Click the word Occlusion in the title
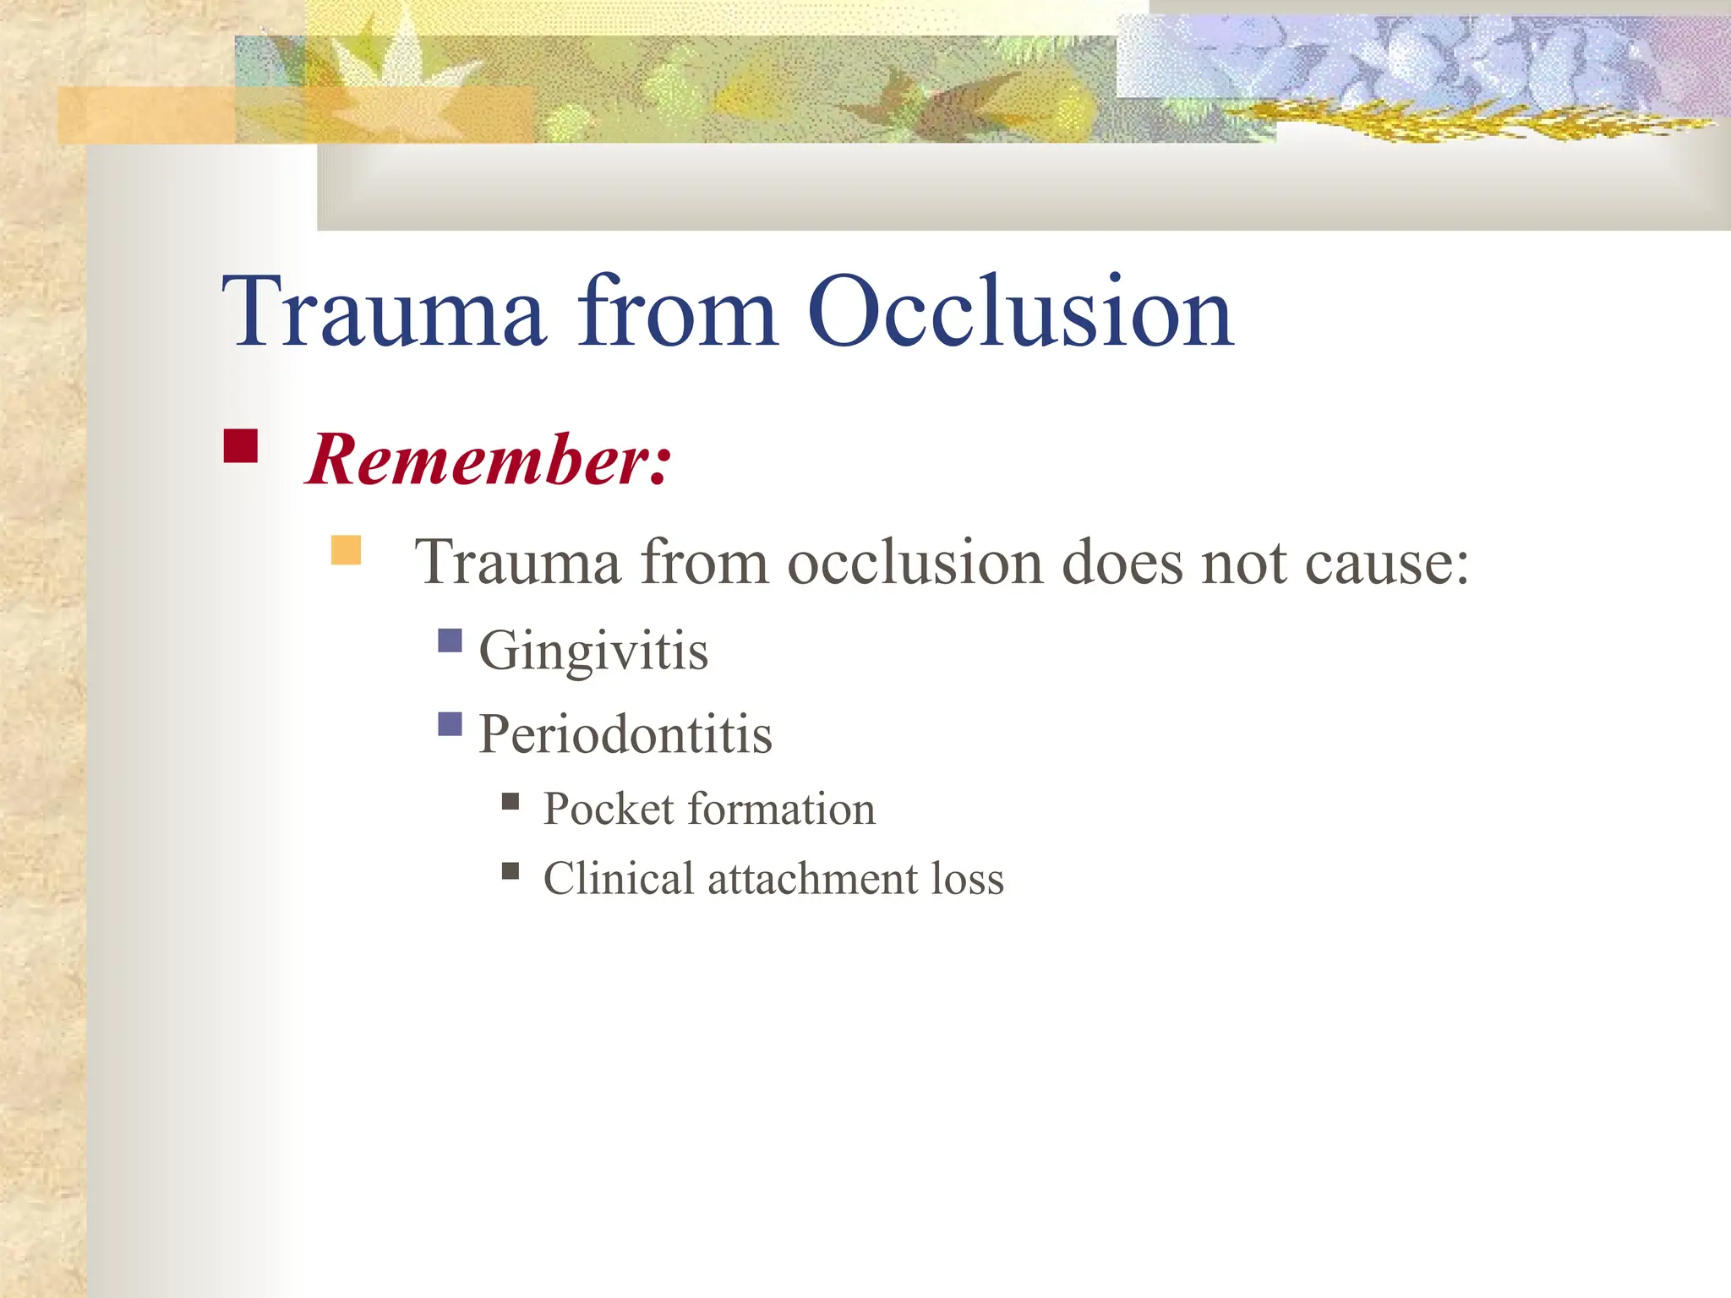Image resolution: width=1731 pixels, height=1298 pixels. [1020, 311]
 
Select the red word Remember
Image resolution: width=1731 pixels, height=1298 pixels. [489, 460]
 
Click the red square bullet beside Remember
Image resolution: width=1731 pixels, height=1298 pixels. [240, 446]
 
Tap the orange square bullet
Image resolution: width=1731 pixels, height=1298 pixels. [346, 549]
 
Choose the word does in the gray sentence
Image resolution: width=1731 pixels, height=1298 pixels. [1122, 561]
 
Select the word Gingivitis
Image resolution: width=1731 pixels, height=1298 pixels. [593, 652]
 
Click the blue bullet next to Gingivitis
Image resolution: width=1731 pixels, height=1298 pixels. [450, 641]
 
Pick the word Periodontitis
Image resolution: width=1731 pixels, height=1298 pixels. [625, 733]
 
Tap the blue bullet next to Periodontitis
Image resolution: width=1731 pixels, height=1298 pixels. [450, 724]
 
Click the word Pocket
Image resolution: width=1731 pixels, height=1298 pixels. [609, 809]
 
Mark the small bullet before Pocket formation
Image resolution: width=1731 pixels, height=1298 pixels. [511, 801]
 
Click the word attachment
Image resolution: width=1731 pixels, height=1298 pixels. [813, 878]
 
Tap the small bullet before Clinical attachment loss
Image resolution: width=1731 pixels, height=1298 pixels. [511, 871]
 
